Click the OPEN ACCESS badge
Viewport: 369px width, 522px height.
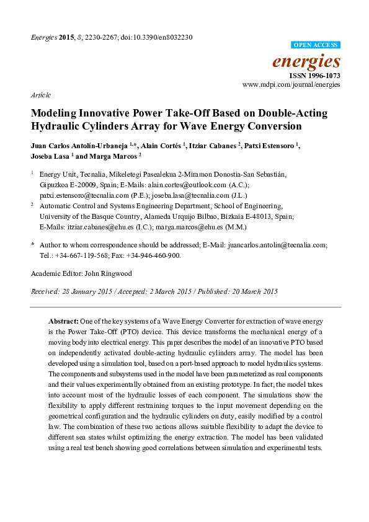[x=316, y=45]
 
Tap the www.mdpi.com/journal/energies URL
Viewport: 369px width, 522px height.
[x=291, y=84]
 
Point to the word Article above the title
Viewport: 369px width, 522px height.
[x=40, y=95]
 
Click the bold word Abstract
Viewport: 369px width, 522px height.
[x=63, y=322]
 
